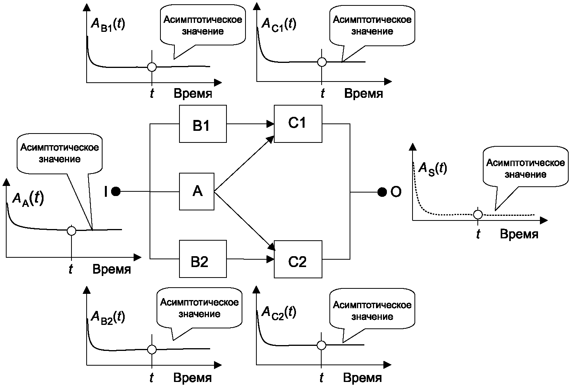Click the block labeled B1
203,124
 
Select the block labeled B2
203,259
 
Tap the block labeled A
197,192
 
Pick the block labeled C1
298,124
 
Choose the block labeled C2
298,259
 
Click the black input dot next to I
116,191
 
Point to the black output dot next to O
382,192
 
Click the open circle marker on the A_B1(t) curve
152,67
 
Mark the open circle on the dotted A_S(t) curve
478,215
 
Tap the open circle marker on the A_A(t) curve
71,231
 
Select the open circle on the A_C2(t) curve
322,345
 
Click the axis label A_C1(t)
279,25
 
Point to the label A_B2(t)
108,318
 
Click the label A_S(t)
433,169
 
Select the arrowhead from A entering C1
270,140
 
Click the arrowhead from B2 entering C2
270,259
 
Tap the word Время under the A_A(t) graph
111,269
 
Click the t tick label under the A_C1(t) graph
323,93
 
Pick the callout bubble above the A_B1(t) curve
203,31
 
